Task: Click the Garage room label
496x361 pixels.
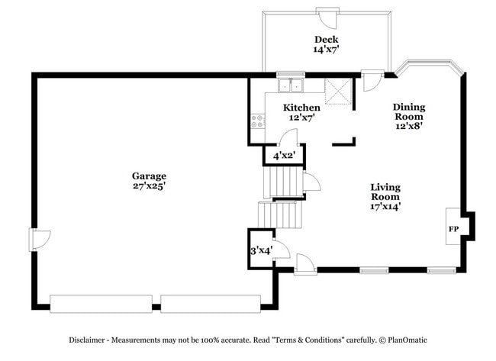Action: pos(149,176)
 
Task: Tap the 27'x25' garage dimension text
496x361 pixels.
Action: pos(149,185)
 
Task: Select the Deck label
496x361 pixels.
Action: pos(326,40)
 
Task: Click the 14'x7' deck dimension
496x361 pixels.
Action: pos(326,50)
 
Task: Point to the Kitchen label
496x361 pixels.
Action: pos(301,108)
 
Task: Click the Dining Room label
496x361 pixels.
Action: pos(409,111)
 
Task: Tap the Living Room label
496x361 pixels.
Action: pos(385,192)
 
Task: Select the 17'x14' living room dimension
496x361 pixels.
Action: pos(385,206)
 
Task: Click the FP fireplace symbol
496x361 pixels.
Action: pos(453,229)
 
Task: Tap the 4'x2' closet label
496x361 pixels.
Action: pos(284,156)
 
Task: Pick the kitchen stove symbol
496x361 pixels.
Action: pos(258,120)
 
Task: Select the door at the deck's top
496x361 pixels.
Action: pos(328,16)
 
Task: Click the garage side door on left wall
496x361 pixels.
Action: pos(39,239)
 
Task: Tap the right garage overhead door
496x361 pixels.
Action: pos(211,303)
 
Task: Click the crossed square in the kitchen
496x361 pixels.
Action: pos(337,91)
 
